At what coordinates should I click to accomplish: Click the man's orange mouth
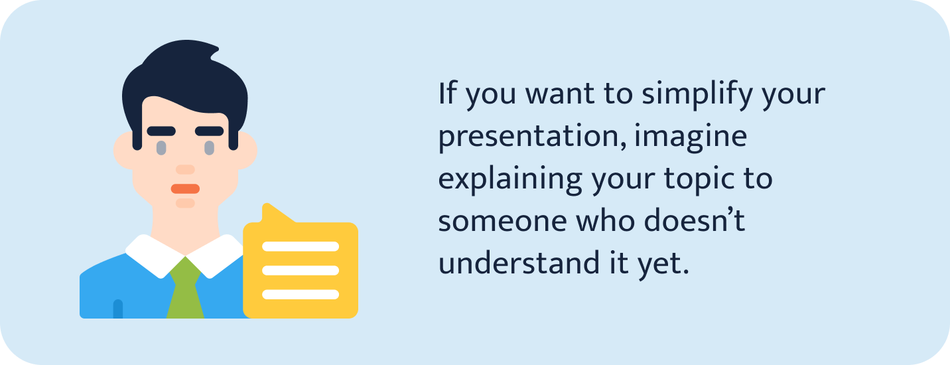tap(185, 188)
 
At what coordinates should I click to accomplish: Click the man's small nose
tap(185, 170)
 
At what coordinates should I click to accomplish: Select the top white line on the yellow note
tap(301, 246)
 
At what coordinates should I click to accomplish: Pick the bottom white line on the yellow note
tap(301, 294)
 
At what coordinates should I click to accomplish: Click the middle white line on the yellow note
tap(301, 270)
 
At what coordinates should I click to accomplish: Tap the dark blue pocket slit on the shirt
tap(118, 309)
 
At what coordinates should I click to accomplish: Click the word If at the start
tap(448, 94)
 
